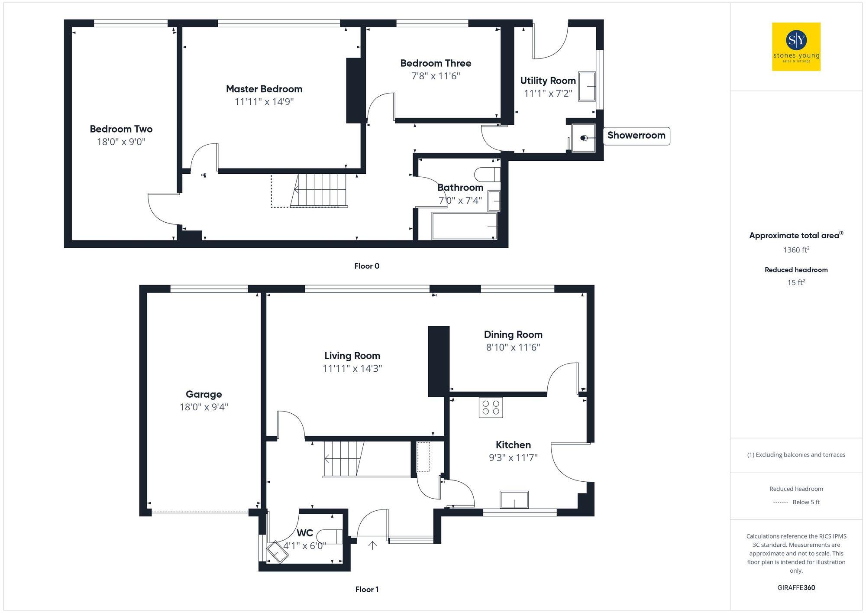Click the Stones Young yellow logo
point(796,47)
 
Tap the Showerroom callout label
point(636,136)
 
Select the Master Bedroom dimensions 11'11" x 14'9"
point(264,102)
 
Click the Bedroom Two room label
point(121,129)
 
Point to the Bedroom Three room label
point(436,63)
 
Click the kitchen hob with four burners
point(491,407)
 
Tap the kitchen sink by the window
point(514,499)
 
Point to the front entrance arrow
point(372,545)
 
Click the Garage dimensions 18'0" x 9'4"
point(204,407)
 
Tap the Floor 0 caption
point(367,266)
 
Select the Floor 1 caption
point(367,589)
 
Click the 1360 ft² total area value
point(796,250)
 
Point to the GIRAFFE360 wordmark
point(796,588)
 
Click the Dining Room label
point(513,334)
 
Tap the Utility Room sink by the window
point(587,87)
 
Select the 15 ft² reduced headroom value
point(796,282)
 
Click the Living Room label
point(352,356)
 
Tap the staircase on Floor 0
point(320,190)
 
